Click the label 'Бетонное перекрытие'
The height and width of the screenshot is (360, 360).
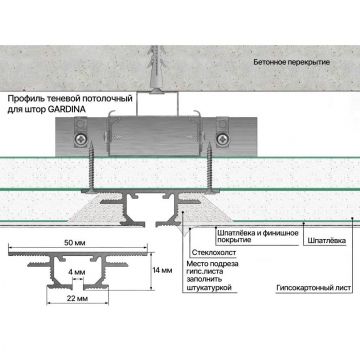(x=292, y=62)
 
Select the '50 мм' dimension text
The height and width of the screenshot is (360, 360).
(x=75, y=243)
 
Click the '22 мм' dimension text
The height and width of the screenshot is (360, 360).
(x=78, y=299)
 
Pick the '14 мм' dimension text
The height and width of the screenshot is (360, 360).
(x=162, y=270)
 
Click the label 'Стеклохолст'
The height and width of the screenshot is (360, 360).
(x=214, y=252)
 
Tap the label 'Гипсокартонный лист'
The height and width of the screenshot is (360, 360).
(x=314, y=288)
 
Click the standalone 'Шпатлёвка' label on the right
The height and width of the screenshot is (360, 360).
(x=327, y=241)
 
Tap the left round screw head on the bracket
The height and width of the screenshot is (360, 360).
(x=80, y=138)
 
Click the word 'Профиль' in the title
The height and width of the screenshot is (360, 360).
(x=21, y=99)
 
